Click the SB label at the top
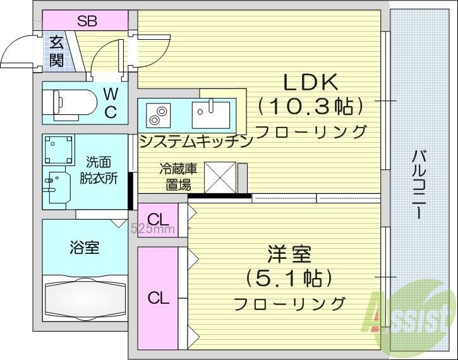[x=87, y=20]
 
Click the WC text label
[x=110, y=103]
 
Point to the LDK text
[x=311, y=81]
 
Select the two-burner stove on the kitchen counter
[x=157, y=115]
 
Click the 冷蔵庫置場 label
[x=178, y=177]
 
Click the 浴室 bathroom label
[x=84, y=247]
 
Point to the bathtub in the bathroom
[x=84, y=297]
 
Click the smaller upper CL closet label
[x=158, y=220]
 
